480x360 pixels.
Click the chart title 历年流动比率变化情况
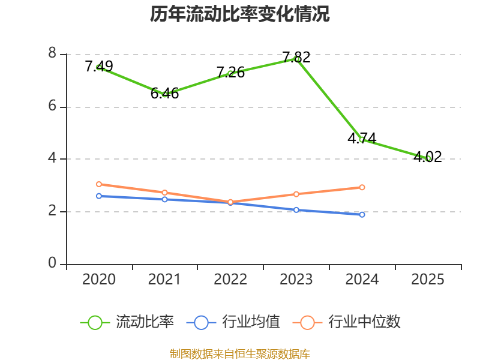(x=239, y=14)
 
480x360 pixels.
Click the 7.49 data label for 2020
(x=99, y=66)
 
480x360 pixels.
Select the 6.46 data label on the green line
(x=164, y=94)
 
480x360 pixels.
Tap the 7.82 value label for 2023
(x=296, y=57)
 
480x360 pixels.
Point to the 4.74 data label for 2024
(x=362, y=139)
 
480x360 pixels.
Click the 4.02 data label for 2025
(x=428, y=157)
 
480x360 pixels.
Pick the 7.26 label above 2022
(x=230, y=72)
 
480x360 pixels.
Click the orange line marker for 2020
(x=99, y=184)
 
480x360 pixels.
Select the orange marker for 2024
(x=362, y=187)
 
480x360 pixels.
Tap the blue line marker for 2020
(x=99, y=196)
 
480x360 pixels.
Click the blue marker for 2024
(x=362, y=215)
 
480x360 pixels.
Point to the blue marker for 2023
(x=296, y=210)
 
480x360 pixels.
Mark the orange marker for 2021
(x=164, y=193)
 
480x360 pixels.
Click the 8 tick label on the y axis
(x=52, y=53)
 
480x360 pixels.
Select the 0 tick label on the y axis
(x=52, y=263)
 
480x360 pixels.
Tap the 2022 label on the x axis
(x=230, y=279)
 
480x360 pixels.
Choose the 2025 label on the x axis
(x=428, y=279)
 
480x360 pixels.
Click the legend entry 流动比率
(x=127, y=322)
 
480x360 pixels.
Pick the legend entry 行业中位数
(x=347, y=322)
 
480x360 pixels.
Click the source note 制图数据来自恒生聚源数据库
(x=239, y=354)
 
